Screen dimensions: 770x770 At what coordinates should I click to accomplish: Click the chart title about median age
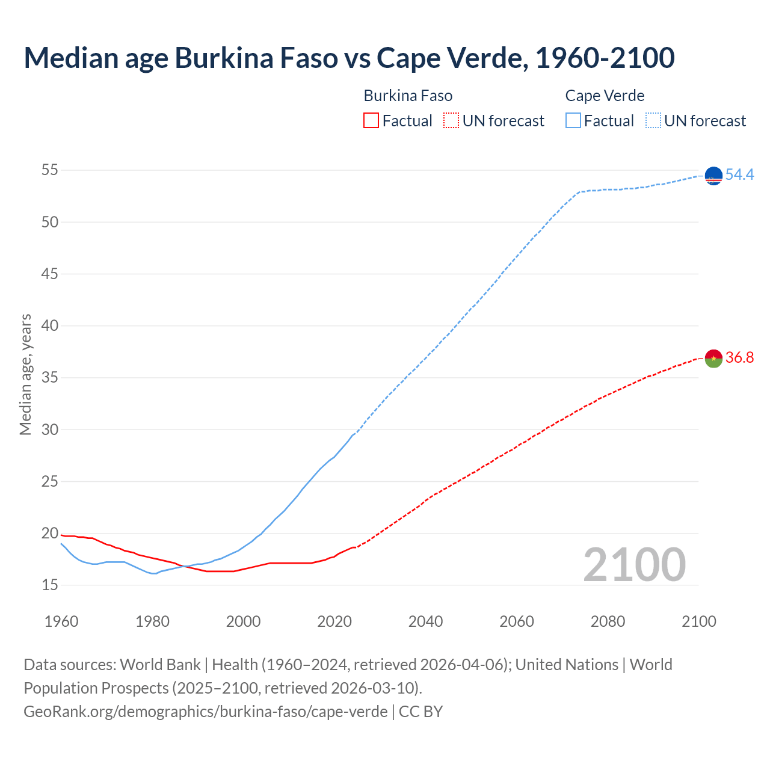tap(349, 58)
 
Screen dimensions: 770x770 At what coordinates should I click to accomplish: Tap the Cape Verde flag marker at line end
tap(713, 176)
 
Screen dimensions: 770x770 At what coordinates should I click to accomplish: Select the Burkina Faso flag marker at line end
tap(713, 359)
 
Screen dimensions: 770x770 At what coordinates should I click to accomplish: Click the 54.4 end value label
tap(739, 174)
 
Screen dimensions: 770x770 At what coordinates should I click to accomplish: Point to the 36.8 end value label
tap(739, 357)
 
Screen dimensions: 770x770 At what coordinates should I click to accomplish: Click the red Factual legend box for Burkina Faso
tap(371, 121)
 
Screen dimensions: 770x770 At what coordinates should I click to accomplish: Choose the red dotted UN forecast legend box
tap(451, 121)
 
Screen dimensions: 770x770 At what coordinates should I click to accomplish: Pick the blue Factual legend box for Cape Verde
tap(573, 121)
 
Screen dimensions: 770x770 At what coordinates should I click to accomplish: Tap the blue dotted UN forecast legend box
tap(653, 121)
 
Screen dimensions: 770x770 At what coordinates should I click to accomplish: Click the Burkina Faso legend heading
tap(408, 96)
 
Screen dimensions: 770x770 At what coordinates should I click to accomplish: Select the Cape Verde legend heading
tap(605, 96)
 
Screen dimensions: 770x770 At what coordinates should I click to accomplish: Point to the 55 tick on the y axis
tap(50, 170)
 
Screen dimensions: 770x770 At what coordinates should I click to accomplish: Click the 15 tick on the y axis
tap(50, 585)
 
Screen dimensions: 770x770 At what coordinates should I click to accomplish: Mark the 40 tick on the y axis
tap(50, 325)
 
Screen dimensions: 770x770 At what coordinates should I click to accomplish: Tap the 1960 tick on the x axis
tap(61, 621)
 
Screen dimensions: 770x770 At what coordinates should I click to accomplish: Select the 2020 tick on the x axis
tap(334, 621)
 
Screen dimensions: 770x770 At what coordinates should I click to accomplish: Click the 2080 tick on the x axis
tap(608, 621)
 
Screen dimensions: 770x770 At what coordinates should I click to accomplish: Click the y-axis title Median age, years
tap(25, 374)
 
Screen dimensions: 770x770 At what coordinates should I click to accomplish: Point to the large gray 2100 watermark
tap(634, 564)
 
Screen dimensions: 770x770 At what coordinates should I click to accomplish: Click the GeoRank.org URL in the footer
tap(205, 711)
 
